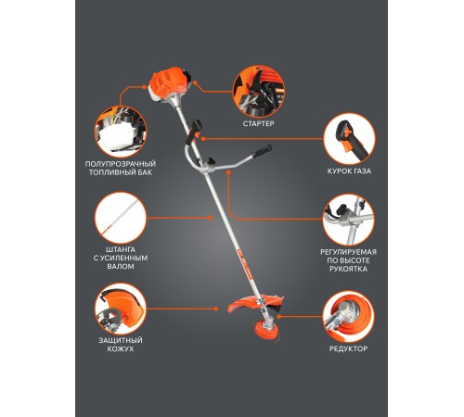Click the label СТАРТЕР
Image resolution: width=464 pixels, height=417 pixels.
tap(258, 123)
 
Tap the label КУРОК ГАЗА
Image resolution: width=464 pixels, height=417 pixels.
tap(349, 171)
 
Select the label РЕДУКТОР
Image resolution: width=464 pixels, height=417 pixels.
tap(348, 348)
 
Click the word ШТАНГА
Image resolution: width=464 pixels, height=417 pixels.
tap(121, 249)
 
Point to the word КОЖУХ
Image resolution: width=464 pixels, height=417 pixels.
tap(121, 349)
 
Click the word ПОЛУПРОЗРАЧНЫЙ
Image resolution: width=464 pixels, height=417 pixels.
tap(121, 164)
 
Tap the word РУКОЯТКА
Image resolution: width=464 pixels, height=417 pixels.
tap(348, 269)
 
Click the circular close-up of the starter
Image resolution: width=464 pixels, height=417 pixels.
tap(258, 91)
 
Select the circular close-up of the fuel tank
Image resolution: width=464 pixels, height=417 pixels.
tap(121, 132)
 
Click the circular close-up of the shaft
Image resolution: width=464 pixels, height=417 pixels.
tap(121, 218)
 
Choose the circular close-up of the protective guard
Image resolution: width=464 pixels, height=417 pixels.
tap(121, 309)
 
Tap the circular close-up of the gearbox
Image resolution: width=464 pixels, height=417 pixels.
tap(348, 316)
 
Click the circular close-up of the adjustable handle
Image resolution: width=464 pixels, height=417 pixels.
tap(348, 220)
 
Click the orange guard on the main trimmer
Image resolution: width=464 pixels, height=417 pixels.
tap(255, 304)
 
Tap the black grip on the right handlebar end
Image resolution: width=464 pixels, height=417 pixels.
tap(262, 152)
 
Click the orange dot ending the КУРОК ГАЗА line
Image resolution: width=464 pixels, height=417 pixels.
tap(203, 139)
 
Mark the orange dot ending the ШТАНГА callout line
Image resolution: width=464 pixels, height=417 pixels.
tap(211, 218)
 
